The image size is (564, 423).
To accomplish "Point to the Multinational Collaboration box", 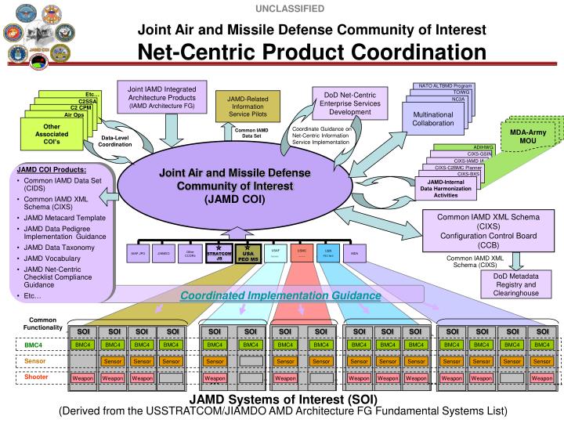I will (x=433, y=118).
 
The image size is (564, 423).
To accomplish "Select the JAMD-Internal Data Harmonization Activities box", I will (x=445, y=189).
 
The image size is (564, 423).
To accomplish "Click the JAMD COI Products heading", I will (x=52, y=169).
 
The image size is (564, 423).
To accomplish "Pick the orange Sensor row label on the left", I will (x=36, y=360).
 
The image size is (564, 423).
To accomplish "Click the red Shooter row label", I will (x=36, y=377).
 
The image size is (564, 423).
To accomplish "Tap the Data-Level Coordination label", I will (x=115, y=141).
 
